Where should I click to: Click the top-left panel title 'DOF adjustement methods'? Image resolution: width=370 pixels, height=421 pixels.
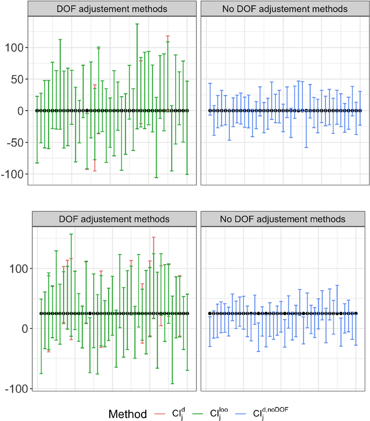tap(112, 9)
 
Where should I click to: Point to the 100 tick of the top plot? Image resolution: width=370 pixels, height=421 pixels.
tap(14, 47)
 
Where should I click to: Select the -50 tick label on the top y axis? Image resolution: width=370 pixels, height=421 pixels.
tap(15, 142)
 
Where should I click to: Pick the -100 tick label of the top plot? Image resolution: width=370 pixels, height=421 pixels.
tap(13, 174)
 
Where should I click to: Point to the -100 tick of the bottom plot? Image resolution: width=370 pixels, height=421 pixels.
tap(13, 388)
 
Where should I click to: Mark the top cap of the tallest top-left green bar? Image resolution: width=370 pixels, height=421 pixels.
tap(137, 24)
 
